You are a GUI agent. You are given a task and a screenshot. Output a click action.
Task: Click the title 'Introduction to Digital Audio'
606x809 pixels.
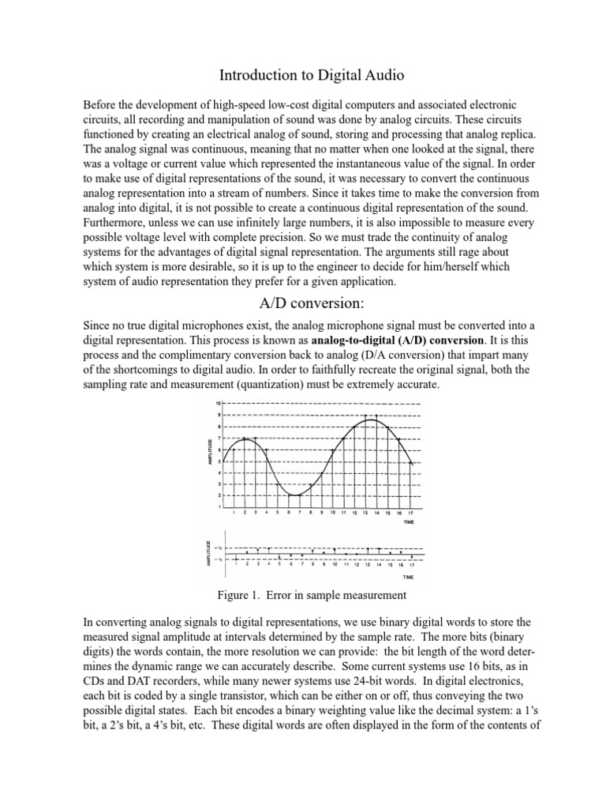[x=302, y=76]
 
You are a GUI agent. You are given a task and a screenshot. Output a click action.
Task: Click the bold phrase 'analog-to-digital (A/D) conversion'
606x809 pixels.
[x=392, y=341]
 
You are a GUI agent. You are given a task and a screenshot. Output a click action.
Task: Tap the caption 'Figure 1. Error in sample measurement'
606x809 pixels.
[x=302, y=595]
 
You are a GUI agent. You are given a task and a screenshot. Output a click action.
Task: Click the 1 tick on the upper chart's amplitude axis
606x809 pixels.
[x=219, y=506]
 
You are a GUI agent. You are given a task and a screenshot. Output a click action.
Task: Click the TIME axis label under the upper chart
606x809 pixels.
[x=408, y=523]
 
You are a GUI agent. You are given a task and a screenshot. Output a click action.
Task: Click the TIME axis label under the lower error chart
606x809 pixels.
[x=408, y=577]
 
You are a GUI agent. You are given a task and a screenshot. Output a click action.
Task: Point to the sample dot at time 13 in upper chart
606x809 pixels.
[x=366, y=416]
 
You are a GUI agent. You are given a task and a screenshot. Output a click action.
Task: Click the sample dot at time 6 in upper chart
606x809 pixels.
[x=289, y=495]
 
